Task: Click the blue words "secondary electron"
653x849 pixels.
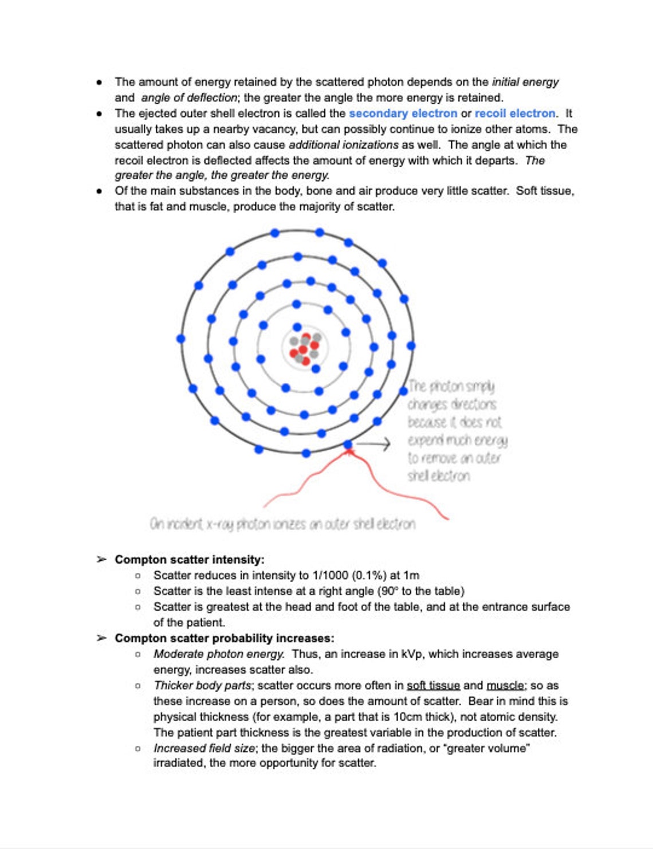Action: (403, 113)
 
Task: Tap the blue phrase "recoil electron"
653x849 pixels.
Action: (514, 113)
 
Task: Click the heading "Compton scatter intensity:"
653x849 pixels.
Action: (190, 560)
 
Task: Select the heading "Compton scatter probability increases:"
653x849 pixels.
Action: (224, 638)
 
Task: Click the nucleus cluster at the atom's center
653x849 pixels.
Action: (305, 348)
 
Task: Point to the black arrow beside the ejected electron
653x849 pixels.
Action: (373, 443)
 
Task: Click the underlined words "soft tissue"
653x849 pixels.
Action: (433, 685)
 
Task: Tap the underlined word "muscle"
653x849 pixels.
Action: (505, 685)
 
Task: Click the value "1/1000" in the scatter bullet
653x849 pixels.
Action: (330, 575)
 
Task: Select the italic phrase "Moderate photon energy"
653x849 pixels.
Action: (218, 654)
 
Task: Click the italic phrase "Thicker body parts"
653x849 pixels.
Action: (202, 685)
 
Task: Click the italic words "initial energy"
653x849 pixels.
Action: (525, 82)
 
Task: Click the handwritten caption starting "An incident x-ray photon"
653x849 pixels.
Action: (282, 524)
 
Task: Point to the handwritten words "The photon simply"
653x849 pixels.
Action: (451, 387)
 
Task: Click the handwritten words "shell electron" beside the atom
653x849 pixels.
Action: (439, 476)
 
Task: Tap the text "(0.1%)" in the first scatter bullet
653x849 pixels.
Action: (369, 575)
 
